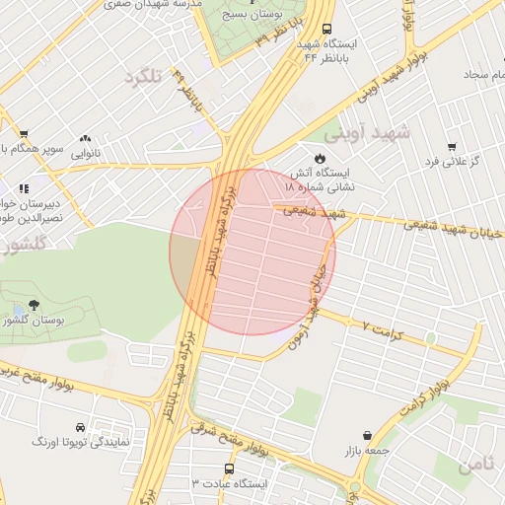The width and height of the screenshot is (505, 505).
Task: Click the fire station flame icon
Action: [x=320, y=159]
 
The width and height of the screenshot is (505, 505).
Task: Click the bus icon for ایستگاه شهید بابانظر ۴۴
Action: [x=326, y=30]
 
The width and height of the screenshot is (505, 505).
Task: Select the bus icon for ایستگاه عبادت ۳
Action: [x=230, y=469]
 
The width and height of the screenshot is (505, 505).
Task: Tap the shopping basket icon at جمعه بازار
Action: [x=368, y=435]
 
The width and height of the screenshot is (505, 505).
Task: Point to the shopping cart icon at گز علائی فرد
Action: [x=452, y=147]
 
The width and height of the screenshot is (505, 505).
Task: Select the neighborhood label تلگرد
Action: [x=142, y=76]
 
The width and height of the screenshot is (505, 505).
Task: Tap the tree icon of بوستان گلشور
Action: [x=35, y=305]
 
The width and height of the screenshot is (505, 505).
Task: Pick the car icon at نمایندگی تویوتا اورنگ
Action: [x=94, y=428]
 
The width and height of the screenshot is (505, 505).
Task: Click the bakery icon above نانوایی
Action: [x=85, y=139]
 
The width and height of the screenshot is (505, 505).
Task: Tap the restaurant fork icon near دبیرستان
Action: [x=24, y=188]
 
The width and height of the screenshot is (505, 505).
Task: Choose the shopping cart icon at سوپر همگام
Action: [x=24, y=134]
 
